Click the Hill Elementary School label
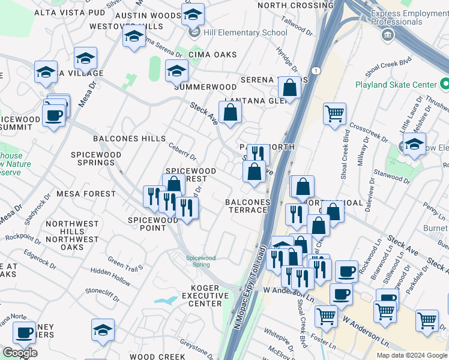[244, 32]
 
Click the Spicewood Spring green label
[200, 261]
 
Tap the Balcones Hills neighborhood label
[129, 139]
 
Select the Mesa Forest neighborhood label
[86, 194]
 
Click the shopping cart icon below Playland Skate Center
[334, 112]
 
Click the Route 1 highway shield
[316, 71]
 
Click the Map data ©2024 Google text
[411, 355]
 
